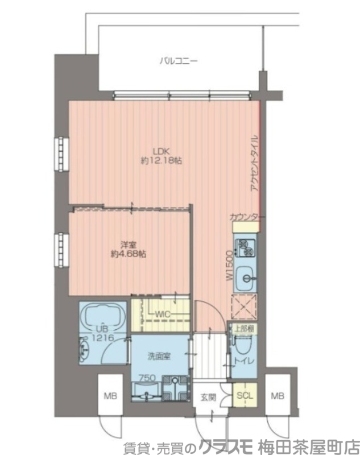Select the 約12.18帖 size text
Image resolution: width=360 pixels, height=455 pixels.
click(161, 161)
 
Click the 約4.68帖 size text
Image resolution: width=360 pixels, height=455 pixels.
click(129, 254)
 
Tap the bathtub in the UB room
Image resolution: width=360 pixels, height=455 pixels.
click(102, 317)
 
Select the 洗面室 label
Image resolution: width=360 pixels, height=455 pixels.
click(159, 357)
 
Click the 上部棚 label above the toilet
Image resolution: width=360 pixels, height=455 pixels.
click(243, 328)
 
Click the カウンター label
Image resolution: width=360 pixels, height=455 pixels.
click(247, 217)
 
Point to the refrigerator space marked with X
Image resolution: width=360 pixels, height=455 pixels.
click(245, 308)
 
